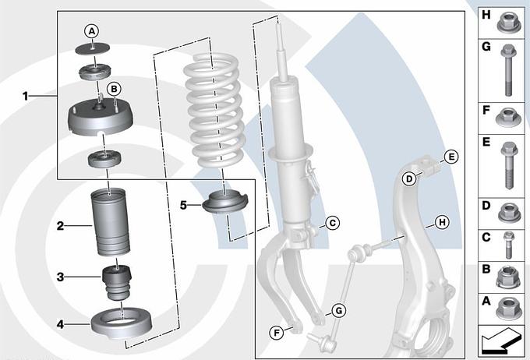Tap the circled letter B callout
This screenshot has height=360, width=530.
pyautogui.click(x=114, y=89)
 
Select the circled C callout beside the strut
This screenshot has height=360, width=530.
pyautogui.click(x=333, y=223)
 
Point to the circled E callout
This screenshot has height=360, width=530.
pyautogui.click(x=451, y=157)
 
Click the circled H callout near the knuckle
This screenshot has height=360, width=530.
pyautogui.click(x=442, y=222)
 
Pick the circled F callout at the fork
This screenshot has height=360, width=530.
pyautogui.click(x=277, y=334)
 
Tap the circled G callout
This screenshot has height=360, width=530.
pyautogui.click(x=339, y=310)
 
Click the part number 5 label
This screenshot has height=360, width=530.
pyautogui.click(x=183, y=205)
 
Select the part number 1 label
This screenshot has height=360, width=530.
pyautogui.click(x=26, y=97)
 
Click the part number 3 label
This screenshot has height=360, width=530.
pyautogui.click(x=60, y=277)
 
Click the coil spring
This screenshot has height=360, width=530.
pyautogui.click(x=214, y=112)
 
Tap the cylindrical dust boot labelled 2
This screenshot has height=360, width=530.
pyautogui.click(x=111, y=222)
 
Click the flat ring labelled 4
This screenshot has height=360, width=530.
pyautogui.click(x=122, y=323)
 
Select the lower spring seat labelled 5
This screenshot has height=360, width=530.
pyautogui.click(x=225, y=203)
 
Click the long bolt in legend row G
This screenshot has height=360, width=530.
pyautogui.click(x=507, y=70)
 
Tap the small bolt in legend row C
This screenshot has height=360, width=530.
pyautogui.click(x=508, y=245)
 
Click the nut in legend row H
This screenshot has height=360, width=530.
pyautogui.click(x=510, y=23)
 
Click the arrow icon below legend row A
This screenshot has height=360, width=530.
pyautogui.click(x=501, y=341)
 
